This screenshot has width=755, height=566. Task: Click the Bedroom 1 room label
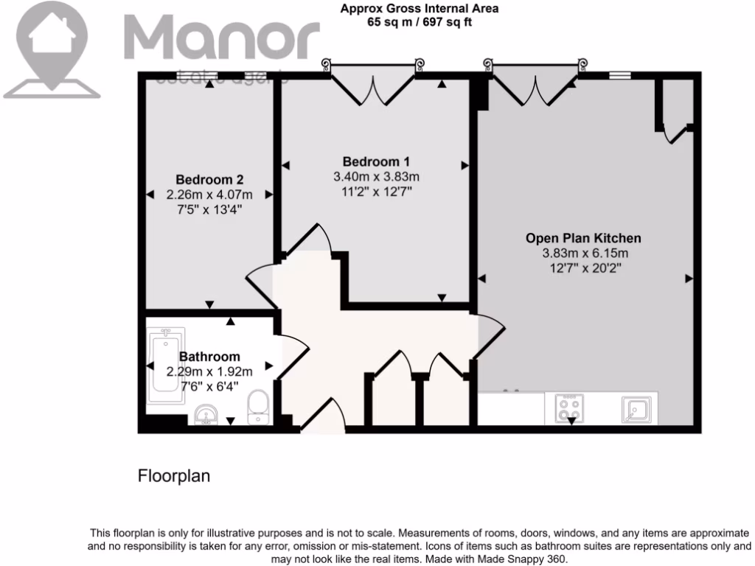point(376,161)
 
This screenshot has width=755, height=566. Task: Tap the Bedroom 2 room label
point(209,179)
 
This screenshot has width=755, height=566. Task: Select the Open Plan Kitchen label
point(583,238)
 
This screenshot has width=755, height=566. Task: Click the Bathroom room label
point(209,357)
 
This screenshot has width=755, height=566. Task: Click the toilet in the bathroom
point(257,408)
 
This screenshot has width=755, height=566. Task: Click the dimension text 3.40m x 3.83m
point(376,177)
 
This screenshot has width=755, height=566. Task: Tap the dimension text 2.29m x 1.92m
point(209,371)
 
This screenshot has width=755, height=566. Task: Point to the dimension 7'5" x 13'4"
point(209,209)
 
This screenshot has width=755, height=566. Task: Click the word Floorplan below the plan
point(174,476)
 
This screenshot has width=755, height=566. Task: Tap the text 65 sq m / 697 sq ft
point(420,21)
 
